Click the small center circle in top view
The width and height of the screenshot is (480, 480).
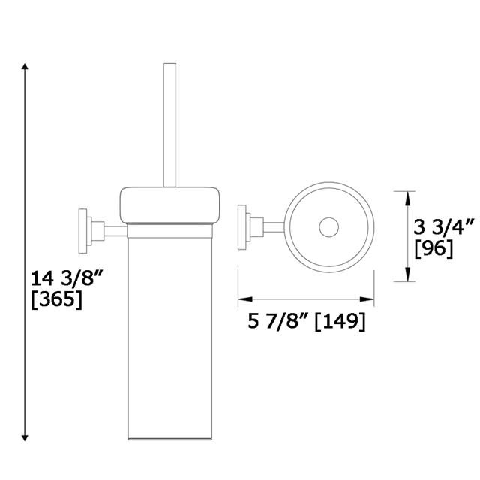(328, 228)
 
